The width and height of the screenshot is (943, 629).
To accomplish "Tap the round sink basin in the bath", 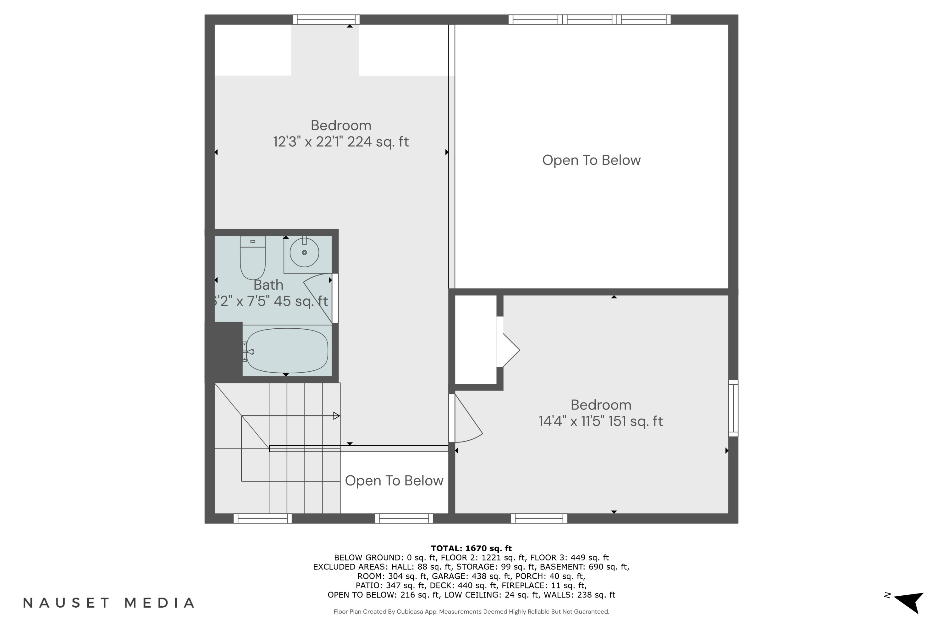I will point(304,252).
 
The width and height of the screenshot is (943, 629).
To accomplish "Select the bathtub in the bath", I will point(287,351).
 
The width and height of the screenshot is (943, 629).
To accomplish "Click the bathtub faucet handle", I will point(249,352).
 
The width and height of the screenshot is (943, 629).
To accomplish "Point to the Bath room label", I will point(268,285).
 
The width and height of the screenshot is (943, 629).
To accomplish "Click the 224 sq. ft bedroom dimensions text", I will point(341,142).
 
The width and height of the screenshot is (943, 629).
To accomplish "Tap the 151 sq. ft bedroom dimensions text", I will point(601,421).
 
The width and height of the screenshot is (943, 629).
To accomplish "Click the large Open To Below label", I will point(591,160).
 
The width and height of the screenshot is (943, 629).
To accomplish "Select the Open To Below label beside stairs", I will point(394,481).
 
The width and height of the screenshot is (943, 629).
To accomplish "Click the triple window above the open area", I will point(589,19).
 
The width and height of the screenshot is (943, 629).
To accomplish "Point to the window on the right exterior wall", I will point(733,408).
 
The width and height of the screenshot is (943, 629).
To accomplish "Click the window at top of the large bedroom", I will point(326,19).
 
